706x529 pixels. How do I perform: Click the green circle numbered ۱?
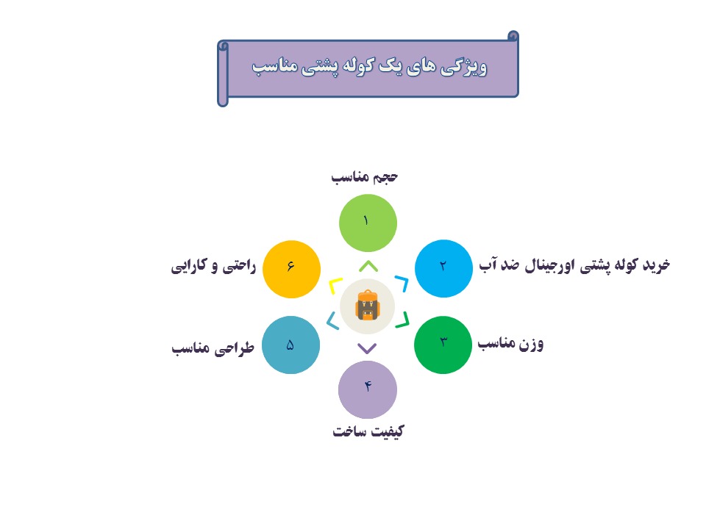tap(368, 223)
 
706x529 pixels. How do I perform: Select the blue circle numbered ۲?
tap(443, 269)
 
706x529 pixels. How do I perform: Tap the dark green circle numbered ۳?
tap(443, 345)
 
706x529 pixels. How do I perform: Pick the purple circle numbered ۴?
tap(368, 389)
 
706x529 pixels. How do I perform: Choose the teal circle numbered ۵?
tap(291, 345)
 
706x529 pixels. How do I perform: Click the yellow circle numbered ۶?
tap(291, 269)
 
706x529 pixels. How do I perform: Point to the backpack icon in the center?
tap(368, 306)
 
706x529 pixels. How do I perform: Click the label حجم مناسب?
tap(364, 177)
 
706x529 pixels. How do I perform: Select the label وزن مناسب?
tap(510, 344)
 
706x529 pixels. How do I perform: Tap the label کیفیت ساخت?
tap(368, 431)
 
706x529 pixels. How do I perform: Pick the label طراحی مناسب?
tap(213, 348)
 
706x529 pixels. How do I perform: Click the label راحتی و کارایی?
tap(213, 266)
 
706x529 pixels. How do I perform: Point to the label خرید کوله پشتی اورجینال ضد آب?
tap(574, 265)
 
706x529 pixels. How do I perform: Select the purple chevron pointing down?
tap(367, 349)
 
